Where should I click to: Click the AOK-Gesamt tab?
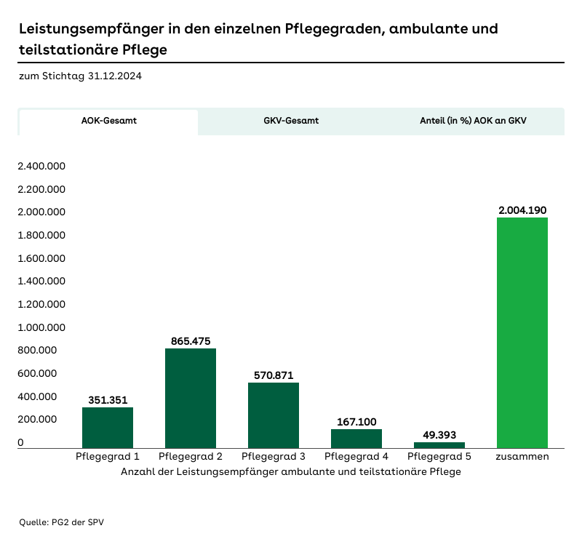[108, 121]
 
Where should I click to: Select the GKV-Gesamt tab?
[291, 121]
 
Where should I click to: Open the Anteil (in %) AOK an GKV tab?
[473, 121]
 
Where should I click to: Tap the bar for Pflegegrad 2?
[191, 399]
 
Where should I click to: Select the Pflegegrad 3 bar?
[274, 415]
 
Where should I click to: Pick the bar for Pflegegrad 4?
[356, 439]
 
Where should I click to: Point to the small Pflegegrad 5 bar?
[439, 444]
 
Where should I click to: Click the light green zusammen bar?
[522, 332]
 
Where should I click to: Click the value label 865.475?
[191, 340]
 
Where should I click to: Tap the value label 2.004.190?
[522, 210]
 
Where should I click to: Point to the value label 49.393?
[439, 435]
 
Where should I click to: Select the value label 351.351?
[108, 399]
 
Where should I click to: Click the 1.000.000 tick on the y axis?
[42, 327]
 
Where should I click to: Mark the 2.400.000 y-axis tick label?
[42, 166]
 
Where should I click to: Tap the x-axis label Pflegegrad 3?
[274, 457]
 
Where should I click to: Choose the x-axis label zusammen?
[522, 457]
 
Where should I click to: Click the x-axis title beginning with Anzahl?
[291, 471]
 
